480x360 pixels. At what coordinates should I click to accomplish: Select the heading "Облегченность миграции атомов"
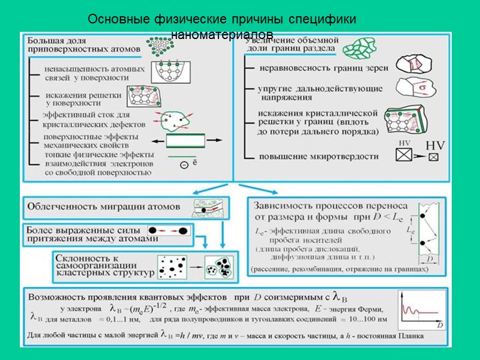click(104, 206)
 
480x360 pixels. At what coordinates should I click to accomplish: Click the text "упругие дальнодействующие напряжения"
click(320, 93)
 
